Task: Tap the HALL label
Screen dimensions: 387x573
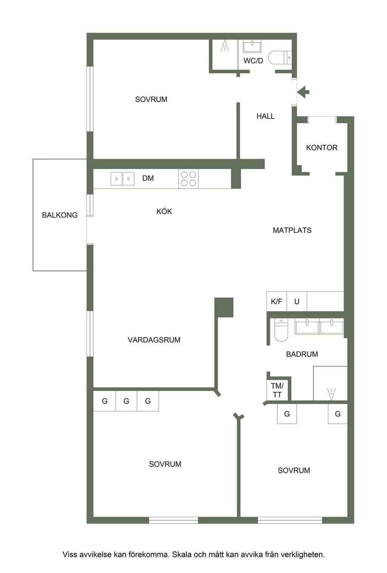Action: point(265,116)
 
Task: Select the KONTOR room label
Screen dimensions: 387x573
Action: point(322,148)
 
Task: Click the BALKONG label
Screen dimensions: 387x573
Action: point(60,215)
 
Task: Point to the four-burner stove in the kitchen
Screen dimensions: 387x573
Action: point(188,178)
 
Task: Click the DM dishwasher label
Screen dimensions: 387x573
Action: point(148,178)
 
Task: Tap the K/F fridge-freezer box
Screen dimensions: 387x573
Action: point(277,301)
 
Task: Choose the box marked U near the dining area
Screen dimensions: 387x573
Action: point(297,301)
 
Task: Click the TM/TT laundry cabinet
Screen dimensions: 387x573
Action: point(277,390)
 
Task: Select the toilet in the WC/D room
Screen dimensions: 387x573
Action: point(280,58)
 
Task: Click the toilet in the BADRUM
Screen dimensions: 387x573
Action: point(281,330)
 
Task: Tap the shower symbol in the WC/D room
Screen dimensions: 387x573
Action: point(225,46)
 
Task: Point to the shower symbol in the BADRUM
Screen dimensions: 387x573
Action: point(331,394)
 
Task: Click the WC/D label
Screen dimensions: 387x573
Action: point(253,61)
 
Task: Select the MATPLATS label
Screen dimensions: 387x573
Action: point(292,230)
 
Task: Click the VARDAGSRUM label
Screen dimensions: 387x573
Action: point(154,340)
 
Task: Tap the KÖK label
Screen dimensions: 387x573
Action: point(164,211)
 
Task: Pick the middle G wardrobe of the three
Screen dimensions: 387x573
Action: point(126,401)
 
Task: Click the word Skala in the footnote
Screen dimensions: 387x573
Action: point(182,554)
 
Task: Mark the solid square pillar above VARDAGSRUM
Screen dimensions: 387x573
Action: point(224,307)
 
